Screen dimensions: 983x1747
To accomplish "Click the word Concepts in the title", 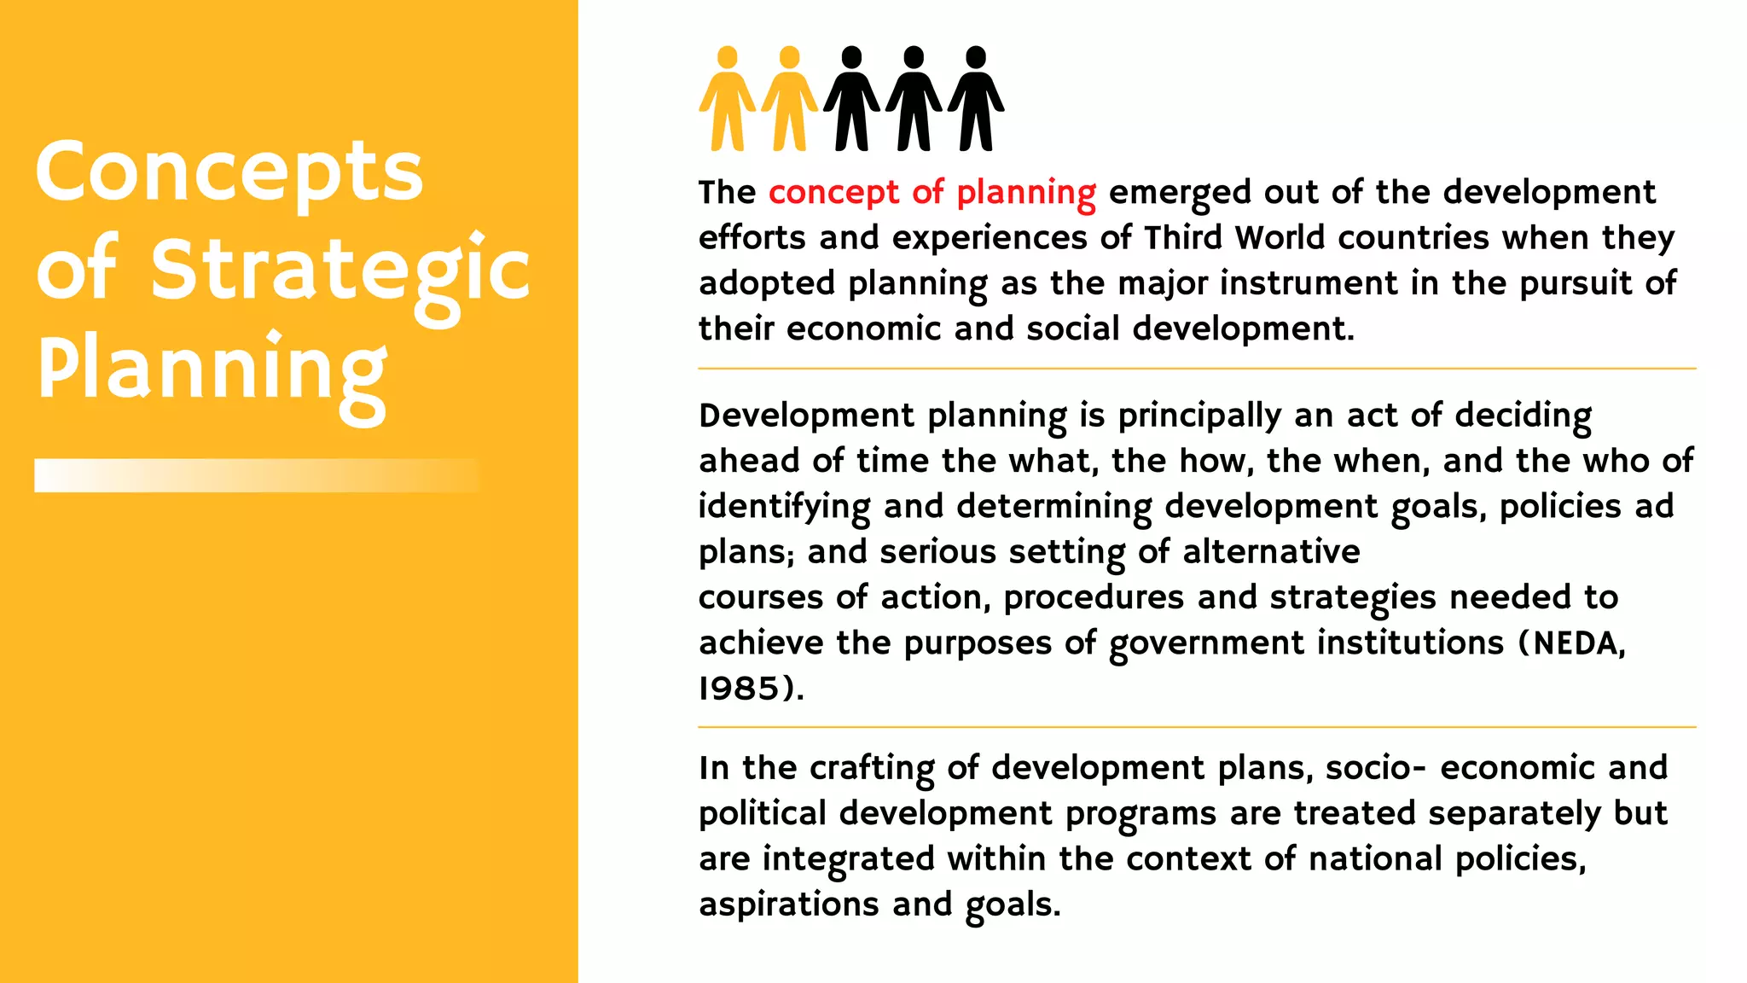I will [x=229, y=173].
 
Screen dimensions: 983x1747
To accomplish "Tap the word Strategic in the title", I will [x=340, y=271].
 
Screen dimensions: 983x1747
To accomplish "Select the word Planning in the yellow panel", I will [x=212, y=369].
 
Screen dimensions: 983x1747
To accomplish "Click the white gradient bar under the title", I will [x=256, y=475].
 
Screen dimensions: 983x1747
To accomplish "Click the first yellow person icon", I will [x=727, y=99].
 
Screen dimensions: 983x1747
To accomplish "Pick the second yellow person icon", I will [x=789, y=99].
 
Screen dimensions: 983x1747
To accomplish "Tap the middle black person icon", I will [x=914, y=99].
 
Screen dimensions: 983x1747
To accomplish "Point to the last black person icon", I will [x=976, y=99].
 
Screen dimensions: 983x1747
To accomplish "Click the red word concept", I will [x=833, y=193].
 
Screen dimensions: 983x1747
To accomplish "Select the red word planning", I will [x=1025, y=193].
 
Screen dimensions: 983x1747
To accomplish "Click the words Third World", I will [x=1233, y=238].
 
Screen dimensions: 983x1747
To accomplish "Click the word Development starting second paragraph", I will [x=806, y=416].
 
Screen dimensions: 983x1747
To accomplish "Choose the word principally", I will [x=1199, y=416].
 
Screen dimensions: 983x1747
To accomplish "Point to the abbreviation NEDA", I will [x=1578, y=643].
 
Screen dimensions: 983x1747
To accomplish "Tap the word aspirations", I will [x=788, y=904].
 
